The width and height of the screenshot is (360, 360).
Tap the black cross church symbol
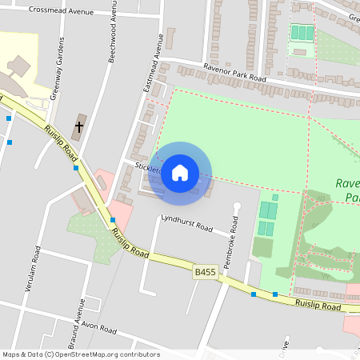click(x=79, y=126)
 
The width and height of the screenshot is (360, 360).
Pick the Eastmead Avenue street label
click(x=153, y=67)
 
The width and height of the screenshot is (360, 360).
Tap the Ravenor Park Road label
click(x=234, y=74)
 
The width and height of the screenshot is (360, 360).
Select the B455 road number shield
click(x=205, y=273)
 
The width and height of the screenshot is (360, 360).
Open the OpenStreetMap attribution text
click(x=80, y=354)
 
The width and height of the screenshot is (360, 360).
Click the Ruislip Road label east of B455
click(x=318, y=305)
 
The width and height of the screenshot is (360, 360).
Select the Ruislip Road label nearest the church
click(x=61, y=142)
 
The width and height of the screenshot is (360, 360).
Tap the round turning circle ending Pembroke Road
click(x=237, y=206)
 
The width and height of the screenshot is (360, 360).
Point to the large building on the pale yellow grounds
click(x=18, y=64)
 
